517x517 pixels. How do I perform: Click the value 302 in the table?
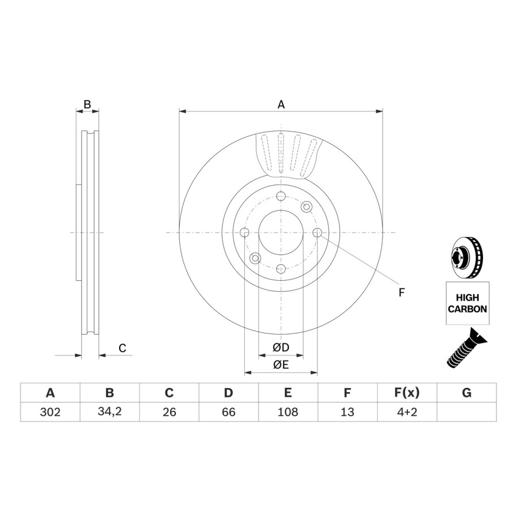coord(50,412)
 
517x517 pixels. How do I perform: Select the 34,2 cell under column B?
coord(110,411)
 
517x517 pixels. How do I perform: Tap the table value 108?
coord(288,412)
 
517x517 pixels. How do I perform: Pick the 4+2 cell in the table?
coord(407,412)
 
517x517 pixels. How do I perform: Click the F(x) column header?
coord(407,393)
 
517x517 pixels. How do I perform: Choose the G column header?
coord(467,393)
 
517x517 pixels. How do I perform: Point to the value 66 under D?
coord(228,412)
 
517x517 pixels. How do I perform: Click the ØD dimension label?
coord(281,347)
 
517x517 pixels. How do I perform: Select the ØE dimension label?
coord(281,364)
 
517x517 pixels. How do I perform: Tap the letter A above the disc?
coord(281,105)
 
